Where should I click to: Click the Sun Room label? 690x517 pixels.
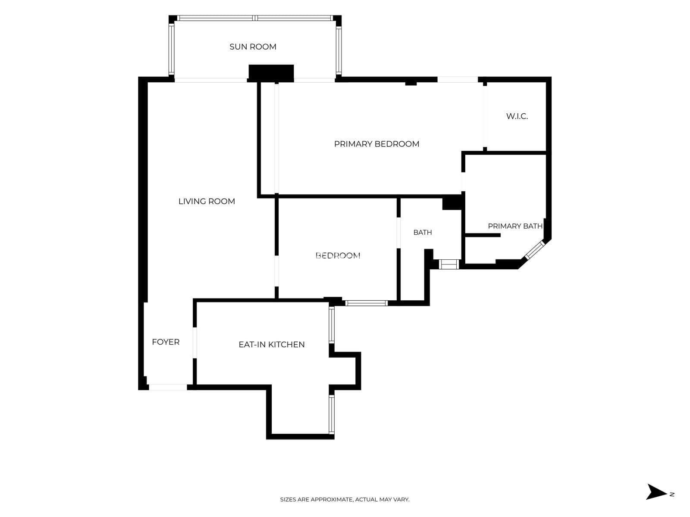(253, 47)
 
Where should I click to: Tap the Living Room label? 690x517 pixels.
(207, 201)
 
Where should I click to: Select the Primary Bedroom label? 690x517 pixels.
(376, 144)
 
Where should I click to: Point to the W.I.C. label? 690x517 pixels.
(517, 116)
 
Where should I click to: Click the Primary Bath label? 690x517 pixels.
(515, 226)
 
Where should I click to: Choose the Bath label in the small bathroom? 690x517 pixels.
(423, 232)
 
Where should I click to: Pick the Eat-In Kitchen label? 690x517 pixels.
(272, 344)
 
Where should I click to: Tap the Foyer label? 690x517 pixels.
(166, 342)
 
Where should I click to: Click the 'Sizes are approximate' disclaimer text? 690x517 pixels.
(345, 499)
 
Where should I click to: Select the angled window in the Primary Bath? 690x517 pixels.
(535, 249)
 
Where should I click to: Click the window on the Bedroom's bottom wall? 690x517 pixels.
(366, 303)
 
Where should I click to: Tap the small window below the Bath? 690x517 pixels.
(449, 264)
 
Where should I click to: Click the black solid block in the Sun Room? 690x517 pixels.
(271, 73)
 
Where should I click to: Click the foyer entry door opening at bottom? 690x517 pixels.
(168, 387)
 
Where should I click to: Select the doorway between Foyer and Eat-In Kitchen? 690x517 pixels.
(195, 343)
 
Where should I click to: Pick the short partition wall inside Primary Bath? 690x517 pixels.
(483, 235)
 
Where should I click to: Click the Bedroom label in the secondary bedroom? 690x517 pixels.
(338, 255)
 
